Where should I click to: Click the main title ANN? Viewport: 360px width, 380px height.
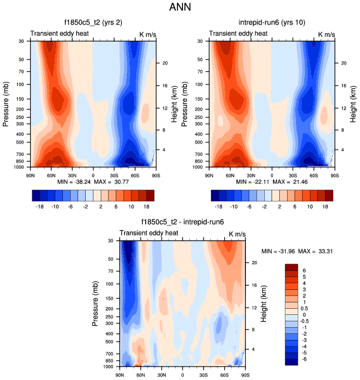click(x=180, y=8)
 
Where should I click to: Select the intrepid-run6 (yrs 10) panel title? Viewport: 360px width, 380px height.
click(x=269, y=23)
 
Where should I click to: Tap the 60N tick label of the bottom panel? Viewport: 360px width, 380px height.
click(x=140, y=375)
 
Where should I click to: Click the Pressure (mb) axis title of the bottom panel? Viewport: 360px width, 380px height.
click(x=92, y=303)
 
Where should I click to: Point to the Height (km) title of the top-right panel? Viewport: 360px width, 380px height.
click(x=353, y=103)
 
